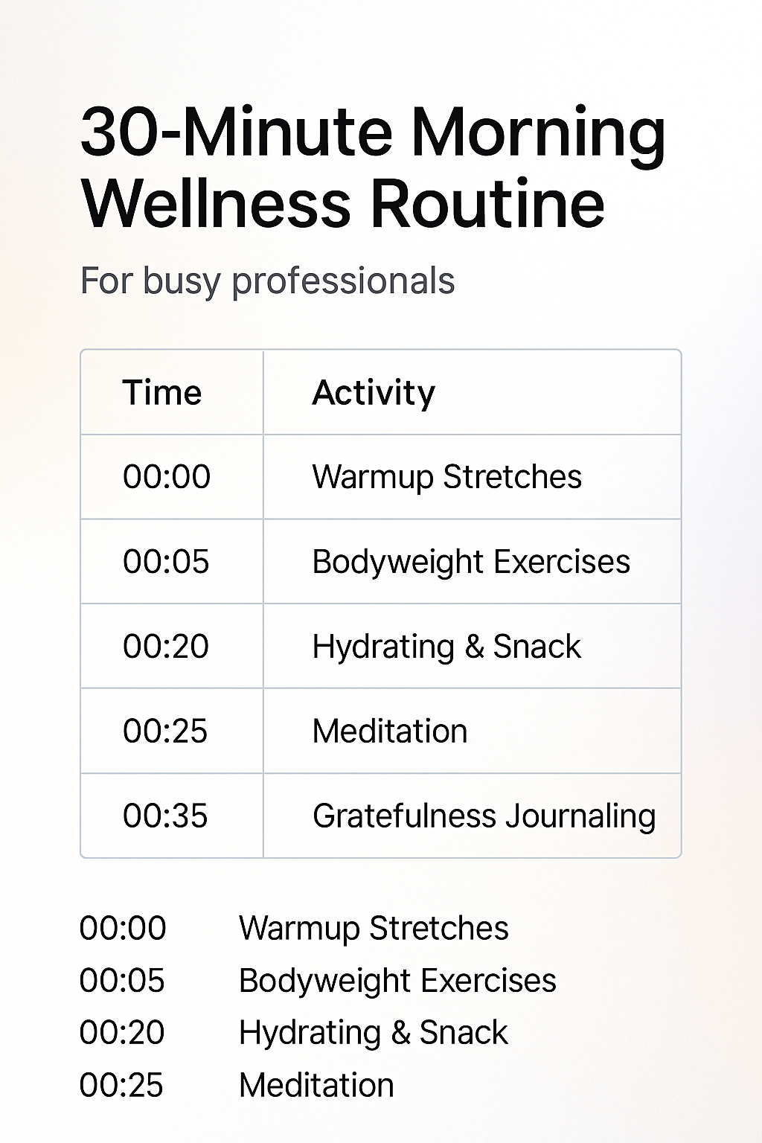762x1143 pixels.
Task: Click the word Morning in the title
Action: [538, 134]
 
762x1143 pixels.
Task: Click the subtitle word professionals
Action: [343, 281]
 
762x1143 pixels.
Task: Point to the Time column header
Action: [162, 393]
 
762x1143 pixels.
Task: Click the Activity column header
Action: [374, 394]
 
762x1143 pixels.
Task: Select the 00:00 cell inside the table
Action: [167, 477]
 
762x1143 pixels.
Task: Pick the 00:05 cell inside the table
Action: [166, 562]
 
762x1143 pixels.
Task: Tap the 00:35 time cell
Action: [165, 816]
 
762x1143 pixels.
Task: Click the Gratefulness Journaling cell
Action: [484, 816]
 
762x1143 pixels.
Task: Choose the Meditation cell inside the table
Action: [390, 731]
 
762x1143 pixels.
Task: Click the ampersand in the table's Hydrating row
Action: [474, 647]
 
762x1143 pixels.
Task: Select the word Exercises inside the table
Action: [562, 562]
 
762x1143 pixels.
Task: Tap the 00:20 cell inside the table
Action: [166, 647]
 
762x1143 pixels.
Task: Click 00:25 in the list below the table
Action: [121, 1085]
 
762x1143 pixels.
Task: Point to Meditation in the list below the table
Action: [316, 1085]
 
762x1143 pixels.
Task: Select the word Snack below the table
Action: [464, 1033]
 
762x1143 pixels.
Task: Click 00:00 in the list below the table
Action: [123, 928]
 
